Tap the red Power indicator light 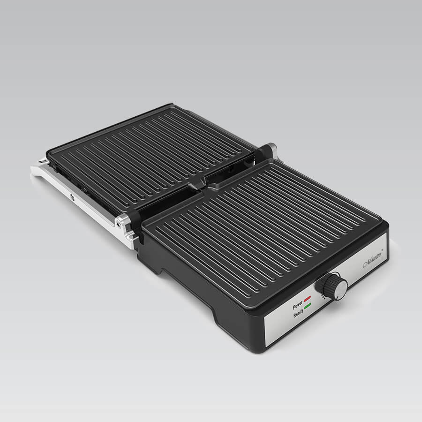(307, 298)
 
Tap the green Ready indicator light (308, 306)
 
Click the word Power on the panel (297, 306)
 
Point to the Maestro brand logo (372, 259)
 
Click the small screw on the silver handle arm (72, 198)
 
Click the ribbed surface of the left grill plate (150, 155)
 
